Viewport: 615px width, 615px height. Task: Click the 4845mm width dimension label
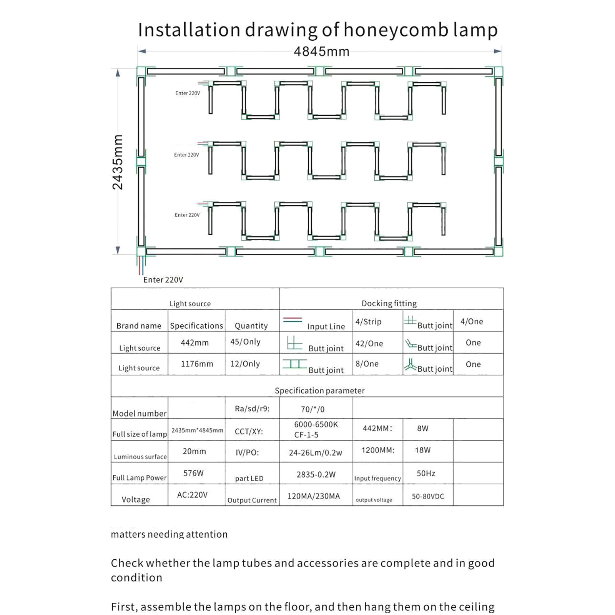(322, 52)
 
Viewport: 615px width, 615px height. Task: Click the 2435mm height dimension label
(118, 162)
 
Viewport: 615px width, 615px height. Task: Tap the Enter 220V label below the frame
(163, 280)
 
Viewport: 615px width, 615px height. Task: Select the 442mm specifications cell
(195, 342)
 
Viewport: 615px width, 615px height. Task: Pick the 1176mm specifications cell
(197, 364)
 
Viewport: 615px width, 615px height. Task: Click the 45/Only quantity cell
(245, 342)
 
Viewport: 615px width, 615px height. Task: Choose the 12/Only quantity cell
(245, 364)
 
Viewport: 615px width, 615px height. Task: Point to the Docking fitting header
(389, 303)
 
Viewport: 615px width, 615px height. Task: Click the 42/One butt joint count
(369, 343)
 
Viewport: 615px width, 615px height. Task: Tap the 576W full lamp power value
(193, 473)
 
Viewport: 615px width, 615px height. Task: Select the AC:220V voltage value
(192, 495)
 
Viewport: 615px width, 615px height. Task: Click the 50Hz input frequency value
(426, 473)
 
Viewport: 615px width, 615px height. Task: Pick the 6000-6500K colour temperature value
(316, 424)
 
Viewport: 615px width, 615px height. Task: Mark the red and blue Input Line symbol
(293, 320)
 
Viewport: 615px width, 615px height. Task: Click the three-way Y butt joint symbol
(410, 365)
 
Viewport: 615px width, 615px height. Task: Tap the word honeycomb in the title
(396, 30)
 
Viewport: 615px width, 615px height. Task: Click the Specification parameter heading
(319, 391)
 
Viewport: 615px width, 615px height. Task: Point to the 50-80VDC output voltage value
(428, 496)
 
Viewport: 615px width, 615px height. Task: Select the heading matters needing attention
(169, 534)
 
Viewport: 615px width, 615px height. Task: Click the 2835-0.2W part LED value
(316, 475)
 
